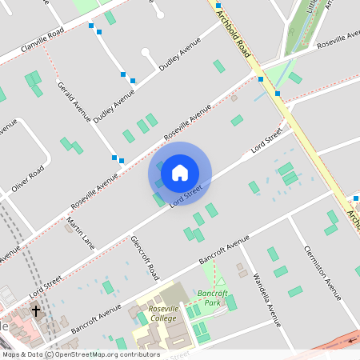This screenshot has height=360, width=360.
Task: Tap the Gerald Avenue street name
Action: tap(73, 100)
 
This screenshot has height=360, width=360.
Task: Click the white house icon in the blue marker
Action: tap(180, 172)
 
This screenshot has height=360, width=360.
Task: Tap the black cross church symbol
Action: tap(34, 310)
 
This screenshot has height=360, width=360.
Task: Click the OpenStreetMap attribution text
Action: tap(81, 354)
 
